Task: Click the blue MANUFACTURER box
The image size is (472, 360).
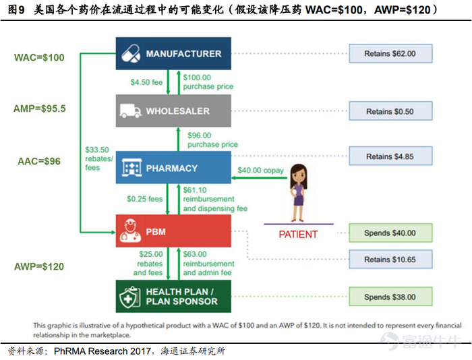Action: click(x=173, y=54)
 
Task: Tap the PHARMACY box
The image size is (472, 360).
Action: click(x=173, y=168)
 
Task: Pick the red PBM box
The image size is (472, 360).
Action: click(x=173, y=231)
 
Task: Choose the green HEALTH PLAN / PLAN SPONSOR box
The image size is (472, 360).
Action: click(x=173, y=297)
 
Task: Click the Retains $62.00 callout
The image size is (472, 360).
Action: click(x=390, y=54)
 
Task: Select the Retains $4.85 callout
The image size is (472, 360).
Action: click(x=390, y=156)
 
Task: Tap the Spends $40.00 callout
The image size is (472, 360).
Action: click(x=390, y=233)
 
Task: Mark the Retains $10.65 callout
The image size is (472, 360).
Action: click(x=390, y=259)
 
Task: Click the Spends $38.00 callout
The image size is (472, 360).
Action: click(x=390, y=297)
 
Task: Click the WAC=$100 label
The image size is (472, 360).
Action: click(x=39, y=57)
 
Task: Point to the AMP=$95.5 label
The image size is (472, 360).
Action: click(x=39, y=108)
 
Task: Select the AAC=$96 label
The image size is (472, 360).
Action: click(x=39, y=161)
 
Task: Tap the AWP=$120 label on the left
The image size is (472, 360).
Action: click(x=39, y=266)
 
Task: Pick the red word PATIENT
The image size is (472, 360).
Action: click(x=297, y=235)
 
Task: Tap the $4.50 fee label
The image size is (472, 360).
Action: click(x=148, y=83)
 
